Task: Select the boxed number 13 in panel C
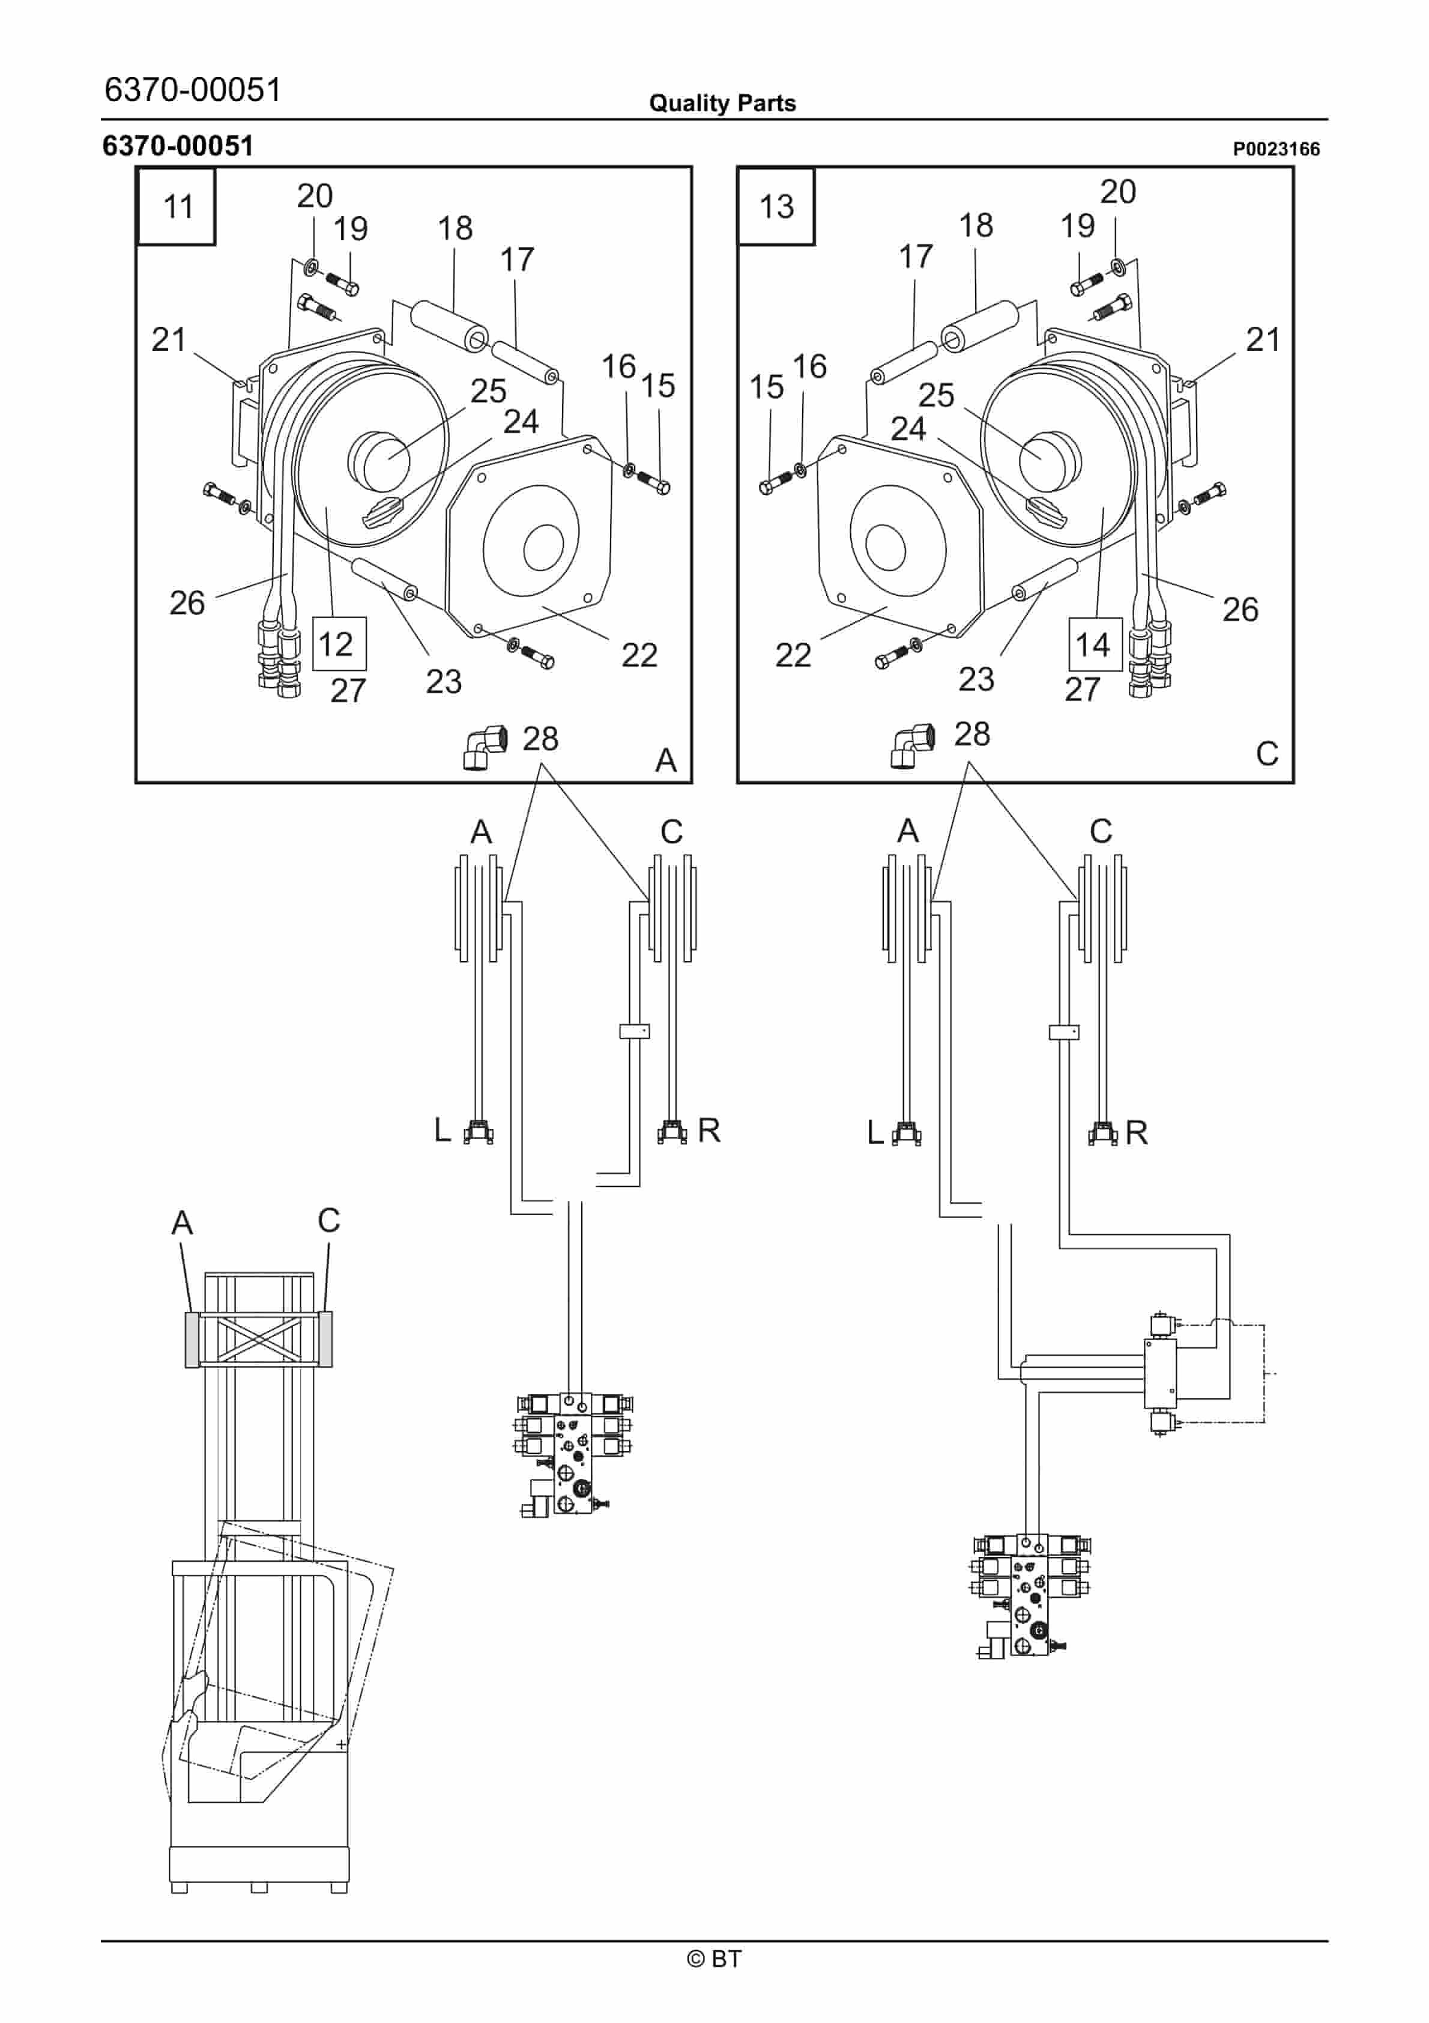(x=776, y=206)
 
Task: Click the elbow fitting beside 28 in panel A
(x=485, y=746)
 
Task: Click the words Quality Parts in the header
(x=722, y=103)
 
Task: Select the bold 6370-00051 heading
(x=178, y=145)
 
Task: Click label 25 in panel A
(x=488, y=391)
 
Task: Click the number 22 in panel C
(x=792, y=655)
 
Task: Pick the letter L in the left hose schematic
(x=443, y=1130)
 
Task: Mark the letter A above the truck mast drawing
(x=181, y=1222)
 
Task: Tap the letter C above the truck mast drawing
(x=328, y=1221)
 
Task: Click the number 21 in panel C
(x=1261, y=339)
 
